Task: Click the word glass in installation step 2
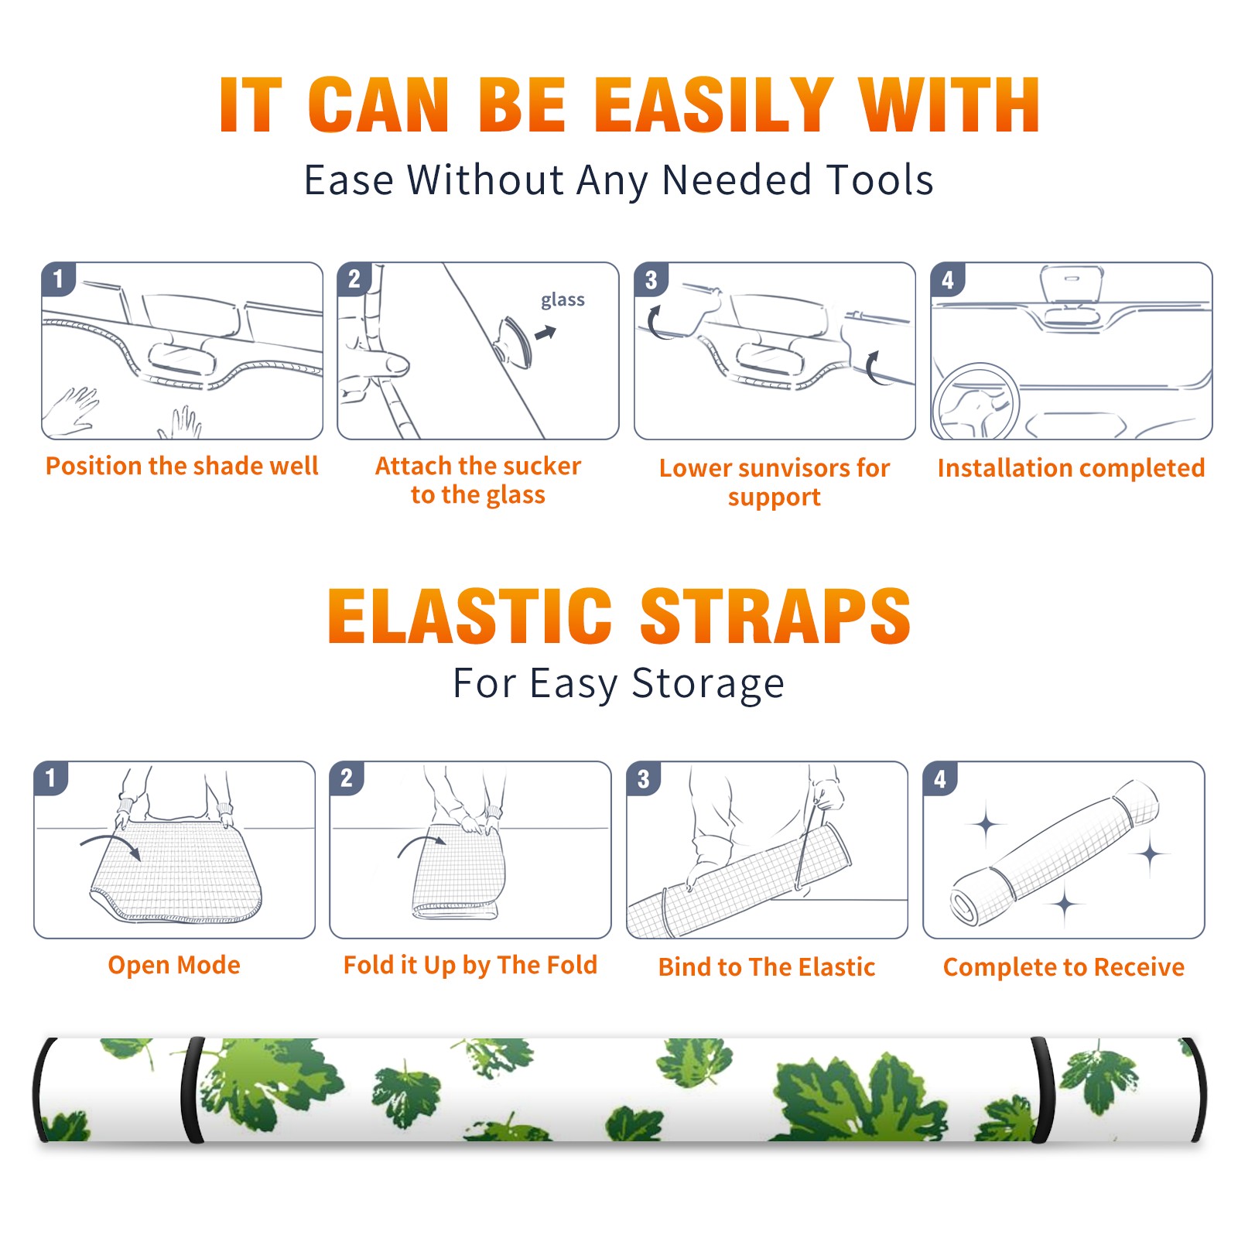click(x=563, y=300)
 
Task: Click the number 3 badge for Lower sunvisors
click(x=650, y=279)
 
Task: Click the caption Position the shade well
click(x=182, y=466)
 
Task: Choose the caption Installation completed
click(x=1071, y=468)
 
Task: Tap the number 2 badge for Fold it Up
click(x=346, y=778)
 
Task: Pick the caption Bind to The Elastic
click(x=767, y=967)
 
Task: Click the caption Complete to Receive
click(x=1064, y=967)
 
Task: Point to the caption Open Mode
click(x=174, y=965)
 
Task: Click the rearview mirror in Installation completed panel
click(x=1072, y=286)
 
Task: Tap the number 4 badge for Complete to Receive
click(x=939, y=778)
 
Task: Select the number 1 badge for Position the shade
click(x=58, y=279)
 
